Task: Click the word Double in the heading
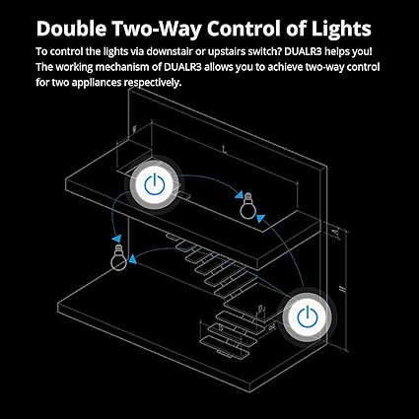tap(71, 29)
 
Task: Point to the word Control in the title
tap(244, 29)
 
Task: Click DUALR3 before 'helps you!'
tap(303, 51)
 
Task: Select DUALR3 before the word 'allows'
tap(182, 67)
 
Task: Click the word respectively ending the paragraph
tap(152, 83)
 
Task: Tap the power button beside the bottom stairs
tap(308, 317)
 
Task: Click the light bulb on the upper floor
tap(247, 206)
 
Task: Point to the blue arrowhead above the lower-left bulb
tap(116, 239)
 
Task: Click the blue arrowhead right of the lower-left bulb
tap(132, 259)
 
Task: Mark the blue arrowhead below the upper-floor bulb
tap(260, 218)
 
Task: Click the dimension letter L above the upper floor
tap(225, 150)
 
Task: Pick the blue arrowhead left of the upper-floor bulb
tap(239, 195)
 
